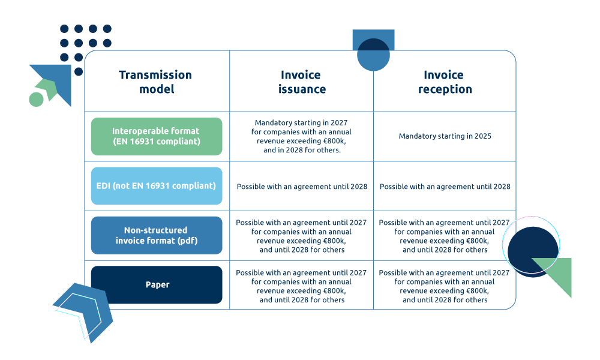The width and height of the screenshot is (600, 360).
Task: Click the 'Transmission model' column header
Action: point(155,82)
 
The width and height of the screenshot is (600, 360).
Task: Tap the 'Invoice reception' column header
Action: point(445,82)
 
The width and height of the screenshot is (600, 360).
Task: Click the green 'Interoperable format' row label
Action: point(156,136)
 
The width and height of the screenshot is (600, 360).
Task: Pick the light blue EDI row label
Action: point(156,186)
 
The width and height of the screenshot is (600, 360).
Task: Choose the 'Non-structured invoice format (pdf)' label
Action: point(156,235)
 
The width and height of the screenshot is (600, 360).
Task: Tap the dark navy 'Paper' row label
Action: point(156,284)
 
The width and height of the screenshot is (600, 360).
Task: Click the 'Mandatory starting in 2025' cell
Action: point(445,136)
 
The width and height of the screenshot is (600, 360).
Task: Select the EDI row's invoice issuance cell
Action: point(301,187)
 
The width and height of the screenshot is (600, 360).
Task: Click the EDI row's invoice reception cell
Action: point(445,187)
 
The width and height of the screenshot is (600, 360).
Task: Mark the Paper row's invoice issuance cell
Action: point(301,286)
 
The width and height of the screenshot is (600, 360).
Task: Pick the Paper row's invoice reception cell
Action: point(445,286)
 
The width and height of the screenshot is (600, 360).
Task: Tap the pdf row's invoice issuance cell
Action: point(301,236)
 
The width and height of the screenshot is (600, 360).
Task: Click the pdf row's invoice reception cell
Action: point(445,236)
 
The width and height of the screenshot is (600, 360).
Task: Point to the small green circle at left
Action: point(36,99)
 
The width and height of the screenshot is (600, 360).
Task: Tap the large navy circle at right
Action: point(531,251)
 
